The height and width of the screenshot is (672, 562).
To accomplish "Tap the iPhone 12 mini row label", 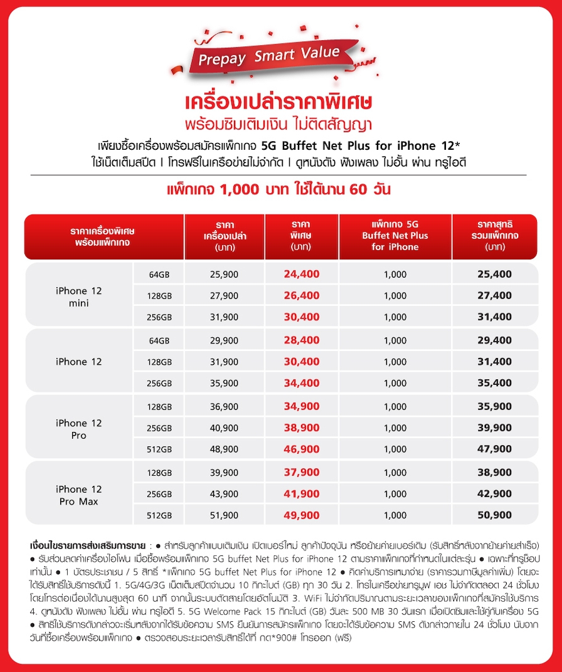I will pyautogui.click(x=78, y=297).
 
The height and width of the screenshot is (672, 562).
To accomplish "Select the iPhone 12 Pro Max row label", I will pyautogui.click(x=78, y=495).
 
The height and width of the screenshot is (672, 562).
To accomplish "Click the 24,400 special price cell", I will pyautogui.click(x=302, y=274).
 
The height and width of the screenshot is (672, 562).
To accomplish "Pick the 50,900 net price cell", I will pyautogui.click(x=494, y=515).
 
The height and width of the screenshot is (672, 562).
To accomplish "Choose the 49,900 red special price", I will pyautogui.click(x=302, y=515).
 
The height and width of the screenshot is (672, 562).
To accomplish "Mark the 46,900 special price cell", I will pyautogui.click(x=302, y=449).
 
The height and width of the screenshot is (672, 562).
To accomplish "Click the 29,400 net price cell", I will pyautogui.click(x=494, y=340).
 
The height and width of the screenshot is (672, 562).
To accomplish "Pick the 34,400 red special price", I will pyautogui.click(x=302, y=383).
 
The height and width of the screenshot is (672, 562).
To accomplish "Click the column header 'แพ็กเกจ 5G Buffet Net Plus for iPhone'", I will pyautogui.click(x=395, y=236).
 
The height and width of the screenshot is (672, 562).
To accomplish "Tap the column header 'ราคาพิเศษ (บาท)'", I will pyautogui.click(x=302, y=236).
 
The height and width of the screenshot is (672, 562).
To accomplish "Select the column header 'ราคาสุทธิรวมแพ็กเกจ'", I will pyautogui.click(x=495, y=236).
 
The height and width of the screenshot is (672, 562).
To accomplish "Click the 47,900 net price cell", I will pyautogui.click(x=494, y=449).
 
